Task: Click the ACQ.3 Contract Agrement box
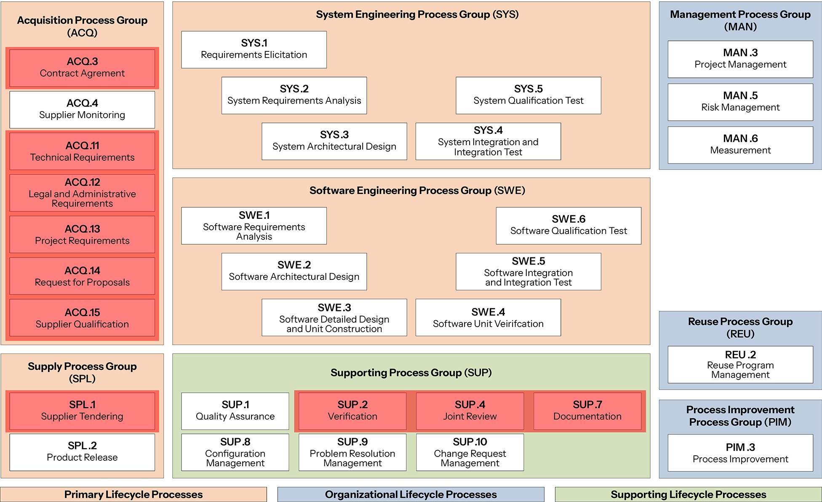tap(82, 68)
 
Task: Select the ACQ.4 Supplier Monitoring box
tap(82, 109)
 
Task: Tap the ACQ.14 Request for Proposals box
tap(82, 276)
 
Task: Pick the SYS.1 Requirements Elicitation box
tap(254, 49)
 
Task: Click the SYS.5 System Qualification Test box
tap(528, 95)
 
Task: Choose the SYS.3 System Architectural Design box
tap(334, 141)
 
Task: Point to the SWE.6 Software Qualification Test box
tap(568, 225)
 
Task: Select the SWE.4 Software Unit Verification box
tap(488, 317)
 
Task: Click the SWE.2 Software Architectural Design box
tap(294, 271)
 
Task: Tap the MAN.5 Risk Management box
tap(740, 102)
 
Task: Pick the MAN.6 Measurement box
tap(740, 145)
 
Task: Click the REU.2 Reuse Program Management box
tap(740, 364)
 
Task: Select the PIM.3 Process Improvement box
tap(740, 453)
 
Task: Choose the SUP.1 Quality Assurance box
tap(235, 411)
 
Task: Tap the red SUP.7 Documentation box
tap(587, 411)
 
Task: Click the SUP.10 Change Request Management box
tap(470, 452)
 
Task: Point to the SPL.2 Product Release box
tap(82, 452)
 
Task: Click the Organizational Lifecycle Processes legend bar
tap(411, 494)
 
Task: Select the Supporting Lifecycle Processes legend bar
tap(688, 494)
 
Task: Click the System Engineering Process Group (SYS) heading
tap(417, 15)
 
